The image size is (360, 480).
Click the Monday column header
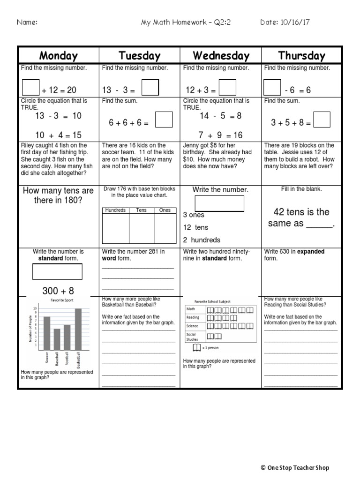(x=59, y=56)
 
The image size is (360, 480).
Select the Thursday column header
(x=301, y=56)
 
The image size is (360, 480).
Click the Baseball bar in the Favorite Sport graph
(x=57, y=339)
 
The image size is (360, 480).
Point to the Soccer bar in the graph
(x=46, y=333)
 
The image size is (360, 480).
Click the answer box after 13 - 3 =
(x=150, y=88)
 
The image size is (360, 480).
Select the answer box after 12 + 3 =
(x=227, y=88)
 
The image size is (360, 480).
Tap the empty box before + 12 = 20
(x=31, y=88)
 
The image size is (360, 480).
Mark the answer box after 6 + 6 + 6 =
(x=164, y=120)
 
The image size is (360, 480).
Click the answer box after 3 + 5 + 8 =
(x=322, y=120)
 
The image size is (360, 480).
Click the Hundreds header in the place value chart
(x=115, y=210)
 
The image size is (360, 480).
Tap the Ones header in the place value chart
(x=165, y=210)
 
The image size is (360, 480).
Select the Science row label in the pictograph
(x=193, y=326)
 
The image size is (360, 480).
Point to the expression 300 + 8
(x=58, y=291)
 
